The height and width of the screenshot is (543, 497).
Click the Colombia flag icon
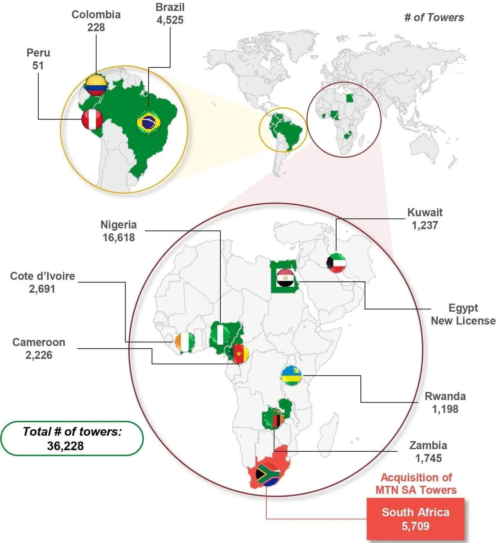click(96, 85)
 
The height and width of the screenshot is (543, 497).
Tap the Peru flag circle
click(92, 119)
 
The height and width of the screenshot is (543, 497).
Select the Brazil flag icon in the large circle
click(149, 122)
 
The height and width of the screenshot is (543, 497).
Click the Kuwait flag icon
click(336, 263)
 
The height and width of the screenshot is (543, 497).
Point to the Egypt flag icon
click(285, 278)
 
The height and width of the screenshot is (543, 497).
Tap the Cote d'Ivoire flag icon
click(185, 342)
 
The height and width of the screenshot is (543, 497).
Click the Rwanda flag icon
click(291, 375)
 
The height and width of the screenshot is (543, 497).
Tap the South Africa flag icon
click(268, 474)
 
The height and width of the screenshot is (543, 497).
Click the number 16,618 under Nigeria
click(119, 237)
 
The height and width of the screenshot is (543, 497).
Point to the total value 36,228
click(65, 446)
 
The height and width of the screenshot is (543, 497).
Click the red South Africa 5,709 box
click(415, 519)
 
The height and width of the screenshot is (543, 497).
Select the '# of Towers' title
click(434, 17)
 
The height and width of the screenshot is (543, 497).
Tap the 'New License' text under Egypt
click(463, 321)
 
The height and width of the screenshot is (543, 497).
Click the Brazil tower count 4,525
click(170, 20)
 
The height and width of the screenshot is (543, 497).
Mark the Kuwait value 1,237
click(425, 225)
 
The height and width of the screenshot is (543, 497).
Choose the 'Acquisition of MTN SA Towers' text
click(416, 484)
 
